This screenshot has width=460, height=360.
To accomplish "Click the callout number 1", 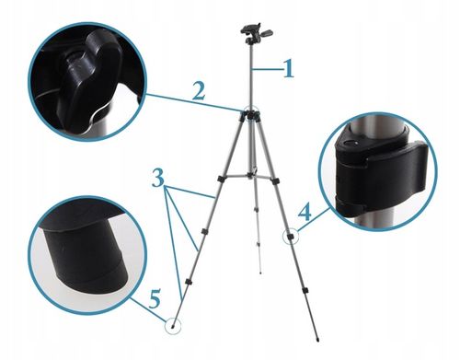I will pos(288,68).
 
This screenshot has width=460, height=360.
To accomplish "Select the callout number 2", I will pos(197,90).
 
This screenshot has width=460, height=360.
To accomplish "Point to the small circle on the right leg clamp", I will pos(290,236).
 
